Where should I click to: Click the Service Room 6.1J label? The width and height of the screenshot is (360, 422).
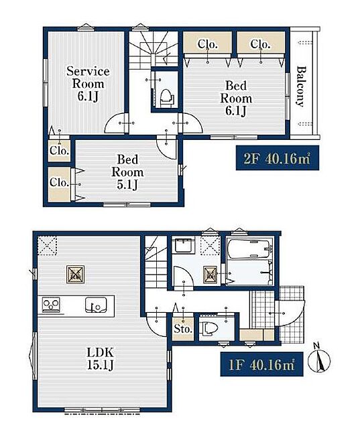(88, 84)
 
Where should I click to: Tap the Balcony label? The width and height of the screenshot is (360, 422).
(302, 86)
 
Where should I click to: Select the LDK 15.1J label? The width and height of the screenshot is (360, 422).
(101, 358)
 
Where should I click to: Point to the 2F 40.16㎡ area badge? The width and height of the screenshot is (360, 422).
(278, 157)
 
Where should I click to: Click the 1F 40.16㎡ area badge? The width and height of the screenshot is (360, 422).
(261, 364)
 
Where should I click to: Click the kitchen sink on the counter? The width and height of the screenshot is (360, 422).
(96, 305)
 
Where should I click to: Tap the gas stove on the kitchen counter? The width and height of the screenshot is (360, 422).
(51, 305)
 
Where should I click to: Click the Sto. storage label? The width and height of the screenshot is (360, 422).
(183, 329)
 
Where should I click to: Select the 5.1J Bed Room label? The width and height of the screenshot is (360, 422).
(127, 172)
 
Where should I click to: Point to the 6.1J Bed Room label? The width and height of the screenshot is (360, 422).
(236, 98)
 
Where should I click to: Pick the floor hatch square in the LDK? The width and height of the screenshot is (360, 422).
(75, 275)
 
